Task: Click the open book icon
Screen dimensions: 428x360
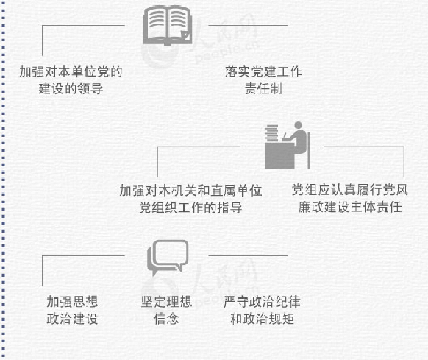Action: coord(168,26)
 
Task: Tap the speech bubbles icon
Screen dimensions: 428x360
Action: coord(168,258)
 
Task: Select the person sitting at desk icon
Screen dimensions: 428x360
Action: coord(288,146)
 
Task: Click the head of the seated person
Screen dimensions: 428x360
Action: coord(298,125)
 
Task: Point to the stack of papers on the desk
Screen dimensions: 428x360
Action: coord(271,133)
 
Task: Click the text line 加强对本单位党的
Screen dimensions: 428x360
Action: coord(71,72)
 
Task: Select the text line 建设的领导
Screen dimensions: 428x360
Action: coord(71,88)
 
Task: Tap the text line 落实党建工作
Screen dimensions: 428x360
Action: coord(263,72)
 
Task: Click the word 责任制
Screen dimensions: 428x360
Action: coord(264,88)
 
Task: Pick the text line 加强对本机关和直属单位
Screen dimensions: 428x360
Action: coord(190,191)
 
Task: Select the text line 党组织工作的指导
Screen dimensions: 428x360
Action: coord(190,208)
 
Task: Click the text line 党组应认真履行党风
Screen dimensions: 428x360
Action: coord(349,190)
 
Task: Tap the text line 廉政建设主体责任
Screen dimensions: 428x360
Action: coord(350,207)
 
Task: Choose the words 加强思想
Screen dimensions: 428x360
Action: coord(72,302)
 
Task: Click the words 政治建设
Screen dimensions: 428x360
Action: coord(72,319)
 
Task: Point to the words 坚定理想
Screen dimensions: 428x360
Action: coord(166,302)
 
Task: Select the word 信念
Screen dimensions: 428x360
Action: coord(166,319)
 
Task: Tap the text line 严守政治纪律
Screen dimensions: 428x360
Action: coord(262,302)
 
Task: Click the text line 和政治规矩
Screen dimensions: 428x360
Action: coord(262,319)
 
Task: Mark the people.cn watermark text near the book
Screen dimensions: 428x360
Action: coord(227,52)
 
